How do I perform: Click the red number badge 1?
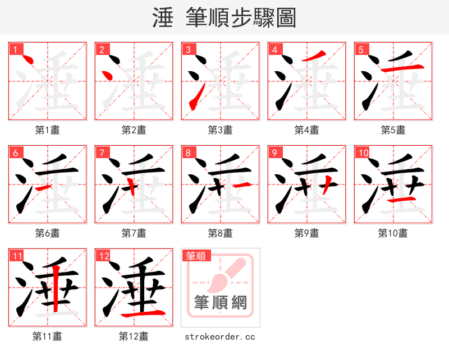coord(15,49)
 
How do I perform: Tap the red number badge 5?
coord(360,49)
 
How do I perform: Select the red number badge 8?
coord(187,153)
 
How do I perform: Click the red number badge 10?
coord(362,153)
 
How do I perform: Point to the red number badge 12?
coord(103,256)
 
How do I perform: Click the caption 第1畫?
coord(48,130)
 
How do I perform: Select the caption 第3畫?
coord(221,130)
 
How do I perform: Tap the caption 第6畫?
coord(48,233)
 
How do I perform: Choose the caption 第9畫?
coord(307,233)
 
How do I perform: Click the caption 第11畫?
coord(48,336)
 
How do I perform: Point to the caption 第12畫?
coord(134,336)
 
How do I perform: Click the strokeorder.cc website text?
coord(221,336)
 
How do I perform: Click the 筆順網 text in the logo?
coord(221,303)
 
